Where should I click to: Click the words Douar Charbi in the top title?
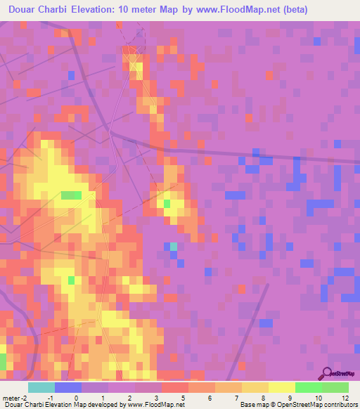click(36, 10)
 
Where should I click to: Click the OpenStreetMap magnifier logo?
click(328, 373)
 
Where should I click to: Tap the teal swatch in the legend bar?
click(41, 387)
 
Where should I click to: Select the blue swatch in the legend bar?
click(68, 387)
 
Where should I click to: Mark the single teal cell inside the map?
click(173, 247)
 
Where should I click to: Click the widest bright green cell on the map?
click(71, 195)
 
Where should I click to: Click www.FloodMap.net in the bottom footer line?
click(154, 405)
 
